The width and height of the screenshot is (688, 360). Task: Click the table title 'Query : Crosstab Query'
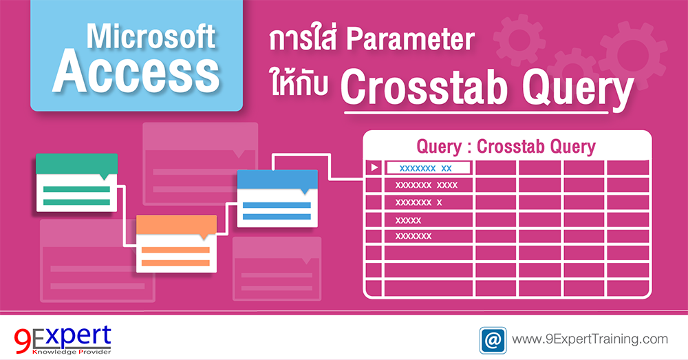click(x=506, y=147)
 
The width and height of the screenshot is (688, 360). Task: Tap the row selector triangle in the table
click(x=374, y=168)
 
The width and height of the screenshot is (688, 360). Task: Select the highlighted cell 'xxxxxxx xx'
click(x=428, y=168)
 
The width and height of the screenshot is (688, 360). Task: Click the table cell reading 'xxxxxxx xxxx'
click(x=427, y=185)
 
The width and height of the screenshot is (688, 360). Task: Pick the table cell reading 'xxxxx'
click(x=409, y=220)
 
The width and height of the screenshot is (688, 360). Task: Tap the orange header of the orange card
click(x=176, y=225)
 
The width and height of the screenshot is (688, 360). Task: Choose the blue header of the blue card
click(x=277, y=179)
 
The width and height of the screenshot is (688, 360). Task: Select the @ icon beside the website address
click(x=493, y=339)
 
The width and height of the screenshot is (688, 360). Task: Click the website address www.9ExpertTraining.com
click(x=590, y=339)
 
